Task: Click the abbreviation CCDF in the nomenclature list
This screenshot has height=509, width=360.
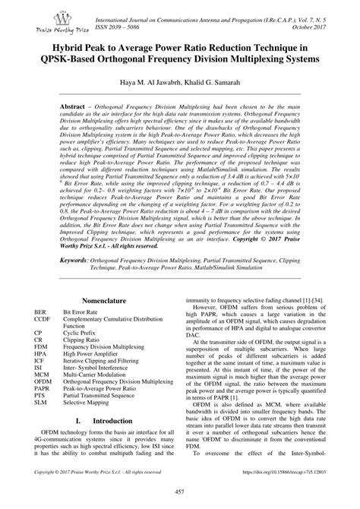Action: click(x=43, y=319)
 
